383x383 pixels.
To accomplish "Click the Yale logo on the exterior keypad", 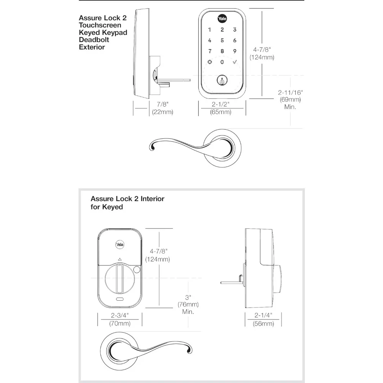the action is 222,18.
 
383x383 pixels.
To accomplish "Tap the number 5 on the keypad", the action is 222,40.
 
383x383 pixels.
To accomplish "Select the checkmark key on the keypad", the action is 235,62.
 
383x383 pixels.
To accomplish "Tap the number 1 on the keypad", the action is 210,29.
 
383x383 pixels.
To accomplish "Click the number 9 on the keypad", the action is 235,51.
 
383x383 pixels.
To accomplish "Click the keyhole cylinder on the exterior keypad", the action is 222,81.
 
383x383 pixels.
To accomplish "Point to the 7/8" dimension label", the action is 163,104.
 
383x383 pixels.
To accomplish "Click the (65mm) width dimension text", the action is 221,112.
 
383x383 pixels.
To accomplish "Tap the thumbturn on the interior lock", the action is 119,279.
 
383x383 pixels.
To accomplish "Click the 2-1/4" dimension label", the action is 264,316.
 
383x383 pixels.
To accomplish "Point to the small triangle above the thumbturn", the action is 119,259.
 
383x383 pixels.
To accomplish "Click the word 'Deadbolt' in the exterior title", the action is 94,39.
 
